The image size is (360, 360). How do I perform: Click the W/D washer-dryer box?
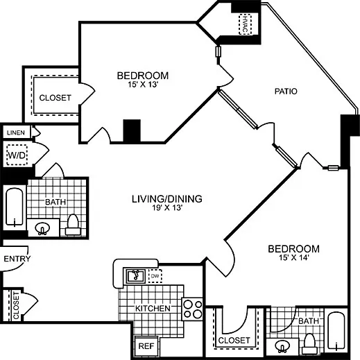coord(16,154)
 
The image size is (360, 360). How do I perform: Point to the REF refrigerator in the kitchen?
coord(145,345)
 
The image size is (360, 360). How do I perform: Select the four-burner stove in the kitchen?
coord(191,308)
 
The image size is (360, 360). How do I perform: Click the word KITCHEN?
coord(153,308)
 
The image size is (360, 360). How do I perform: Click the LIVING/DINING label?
coord(166,199)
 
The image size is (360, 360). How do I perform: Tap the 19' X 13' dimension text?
coord(166,209)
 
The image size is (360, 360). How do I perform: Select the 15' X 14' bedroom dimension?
coord(294,259)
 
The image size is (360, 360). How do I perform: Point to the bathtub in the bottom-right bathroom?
coord(336,334)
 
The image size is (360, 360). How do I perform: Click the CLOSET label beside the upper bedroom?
coord(55,98)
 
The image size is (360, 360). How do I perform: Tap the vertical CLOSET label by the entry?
coord(15,306)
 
